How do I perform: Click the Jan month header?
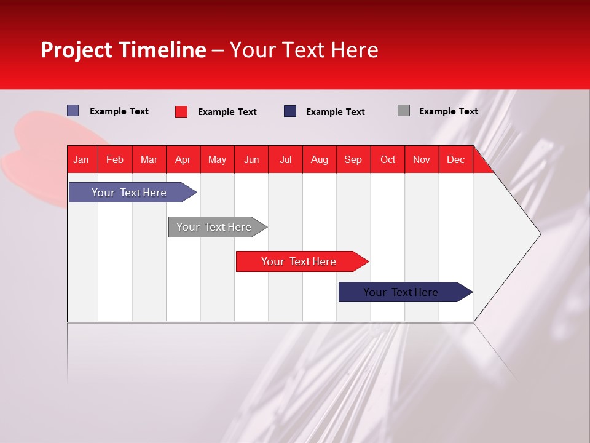pos(81,159)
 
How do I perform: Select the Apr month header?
pos(183,159)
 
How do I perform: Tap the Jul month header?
pos(285,159)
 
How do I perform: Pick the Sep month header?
pos(353,159)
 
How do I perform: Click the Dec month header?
pos(455,159)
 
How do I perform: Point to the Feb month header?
pos(115,159)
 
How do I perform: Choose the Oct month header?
pos(388,159)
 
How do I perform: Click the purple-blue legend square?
pos(73,111)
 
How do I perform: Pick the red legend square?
pos(181,111)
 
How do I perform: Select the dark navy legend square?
pos(290,111)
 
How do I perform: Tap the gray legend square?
pos(404,111)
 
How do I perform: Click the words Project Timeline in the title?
pos(123,50)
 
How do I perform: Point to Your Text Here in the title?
pos(304,50)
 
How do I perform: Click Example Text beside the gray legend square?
pos(448,111)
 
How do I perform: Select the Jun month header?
pos(251,159)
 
